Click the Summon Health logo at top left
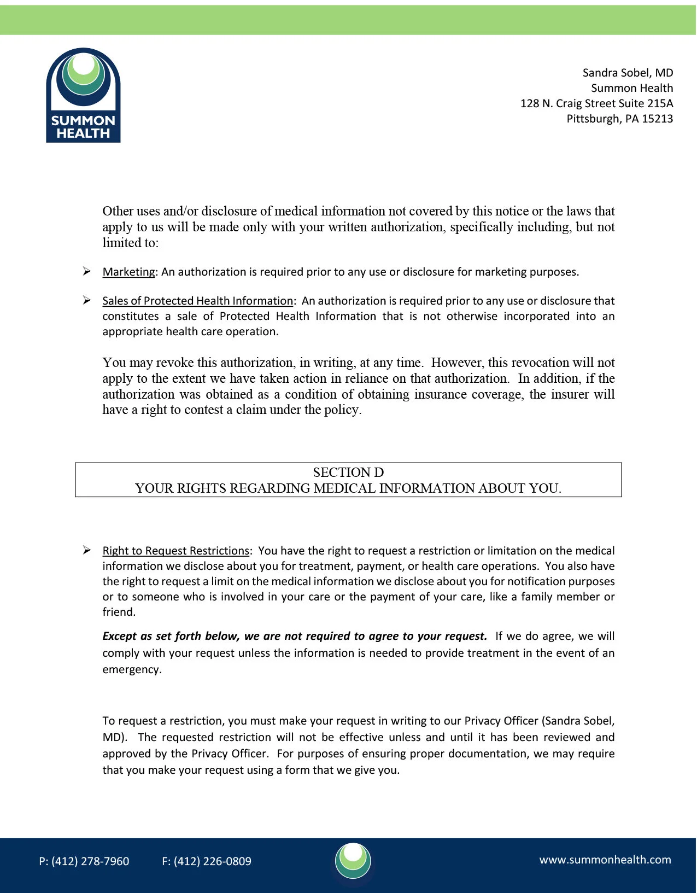click(83, 95)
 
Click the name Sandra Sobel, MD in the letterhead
click(628, 73)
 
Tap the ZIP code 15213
click(657, 119)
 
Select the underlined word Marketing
click(128, 272)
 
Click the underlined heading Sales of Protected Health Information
click(197, 301)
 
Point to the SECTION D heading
click(348, 472)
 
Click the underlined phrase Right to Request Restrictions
click(175, 551)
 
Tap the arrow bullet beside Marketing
click(87, 271)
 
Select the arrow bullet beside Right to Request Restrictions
click(87, 550)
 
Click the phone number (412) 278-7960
click(90, 861)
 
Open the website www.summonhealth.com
click(605, 860)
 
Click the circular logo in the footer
click(353, 861)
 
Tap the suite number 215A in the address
click(660, 103)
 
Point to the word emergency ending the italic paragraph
click(131, 669)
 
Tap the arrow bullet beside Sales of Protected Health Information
click(87, 300)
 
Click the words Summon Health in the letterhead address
click(632, 88)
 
